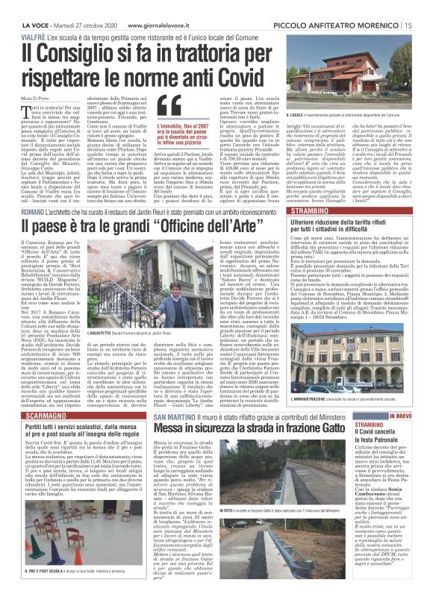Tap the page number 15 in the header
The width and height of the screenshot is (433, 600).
coord(424,7)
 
